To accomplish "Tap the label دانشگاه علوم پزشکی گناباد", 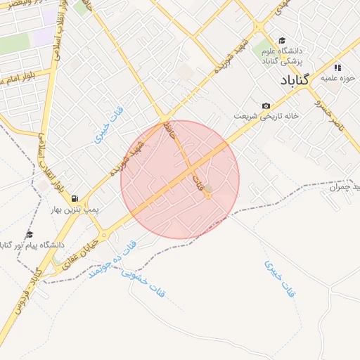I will [x=282, y=56].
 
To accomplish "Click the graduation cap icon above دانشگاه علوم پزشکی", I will [x=282, y=41].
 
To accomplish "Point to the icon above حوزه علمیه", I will [x=337, y=68].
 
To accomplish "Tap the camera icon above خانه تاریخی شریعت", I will [x=266, y=105].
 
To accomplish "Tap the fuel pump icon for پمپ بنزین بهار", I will [x=75, y=199].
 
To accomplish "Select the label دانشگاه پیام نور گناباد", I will [x=32, y=245].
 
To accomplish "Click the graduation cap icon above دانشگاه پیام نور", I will [x=30, y=234].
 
